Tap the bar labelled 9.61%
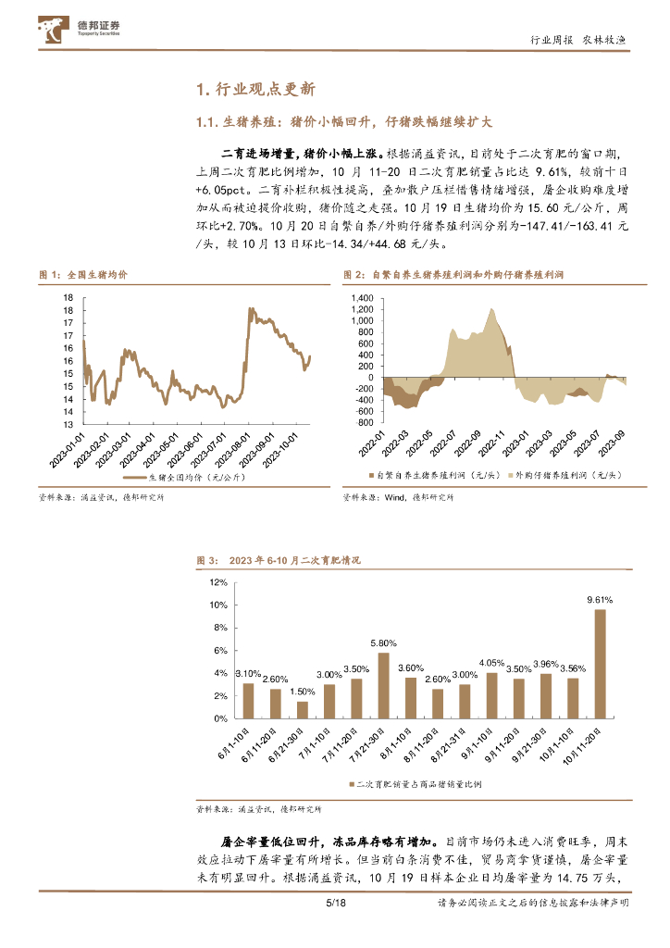[600, 663]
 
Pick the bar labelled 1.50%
[302, 709]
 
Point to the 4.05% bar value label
[491, 663]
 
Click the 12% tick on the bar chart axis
[218, 582]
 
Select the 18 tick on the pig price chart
[68, 297]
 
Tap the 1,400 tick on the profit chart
[360, 297]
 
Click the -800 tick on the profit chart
[362, 419]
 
